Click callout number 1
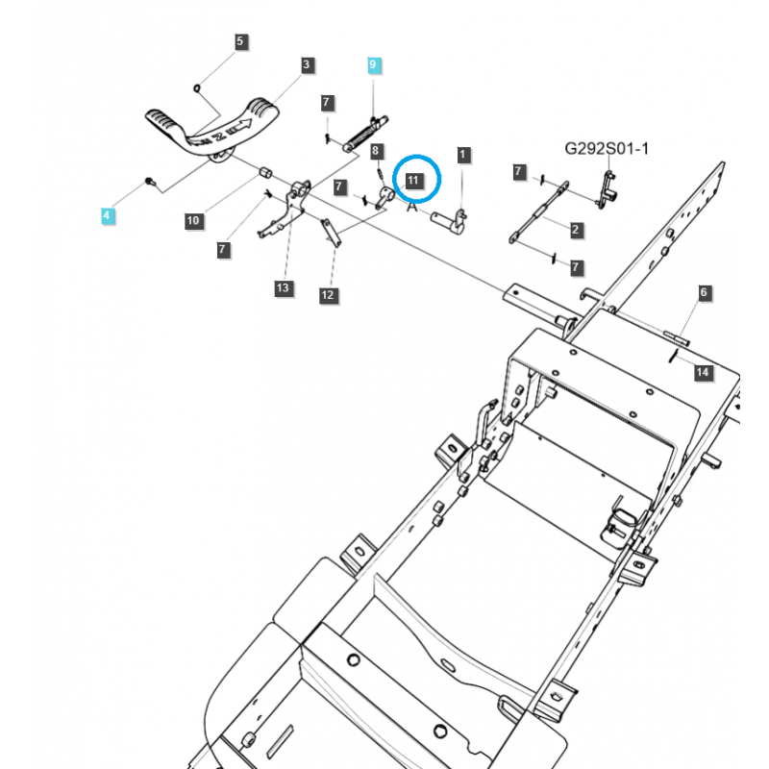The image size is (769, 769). (463, 154)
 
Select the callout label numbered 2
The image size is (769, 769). (575, 229)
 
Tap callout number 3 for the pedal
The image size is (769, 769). (307, 65)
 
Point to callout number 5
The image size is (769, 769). (240, 41)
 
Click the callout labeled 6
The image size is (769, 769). (704, 291)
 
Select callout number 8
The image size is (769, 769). (377, 151)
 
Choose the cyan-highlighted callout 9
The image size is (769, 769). (374, 65)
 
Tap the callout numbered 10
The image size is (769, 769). (193, 220)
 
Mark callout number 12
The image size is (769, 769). (328, 294)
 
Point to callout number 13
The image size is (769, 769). (283, 288)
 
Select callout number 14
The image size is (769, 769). (703, 372)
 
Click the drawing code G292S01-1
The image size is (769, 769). (607, 149)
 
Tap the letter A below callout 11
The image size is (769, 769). (411, 205)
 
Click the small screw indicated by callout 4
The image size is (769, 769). (149, 181)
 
